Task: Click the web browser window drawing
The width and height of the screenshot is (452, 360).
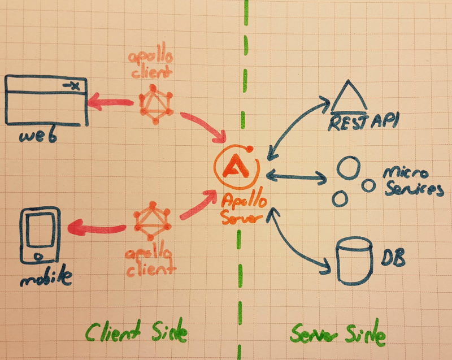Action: point(46,102)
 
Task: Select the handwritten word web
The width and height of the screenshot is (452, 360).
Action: point(40,136)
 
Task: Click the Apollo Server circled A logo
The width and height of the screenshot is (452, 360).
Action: point(236,166)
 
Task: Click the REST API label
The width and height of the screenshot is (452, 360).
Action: point(356,122)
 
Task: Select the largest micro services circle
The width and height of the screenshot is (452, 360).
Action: point(348,168)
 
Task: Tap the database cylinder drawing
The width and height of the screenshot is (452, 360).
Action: point(354,261)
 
